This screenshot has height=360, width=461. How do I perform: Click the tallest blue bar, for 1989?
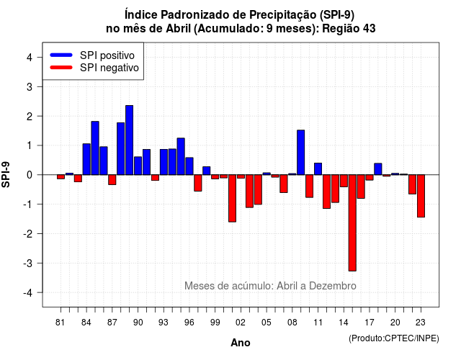click(129, 140)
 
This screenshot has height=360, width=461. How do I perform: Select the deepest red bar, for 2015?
click(352, 222)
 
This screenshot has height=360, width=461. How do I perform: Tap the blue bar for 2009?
click(301, 152)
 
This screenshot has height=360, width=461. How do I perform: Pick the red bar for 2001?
click(232, 198)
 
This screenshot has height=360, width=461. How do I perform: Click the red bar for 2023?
click(421, 196)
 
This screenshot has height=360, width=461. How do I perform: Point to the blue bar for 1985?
click(95, 148)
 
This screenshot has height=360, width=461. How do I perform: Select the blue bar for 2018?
click(378, 169)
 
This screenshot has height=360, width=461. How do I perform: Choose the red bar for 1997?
click(198, 183)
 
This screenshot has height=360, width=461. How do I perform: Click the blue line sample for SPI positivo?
click(61, 55)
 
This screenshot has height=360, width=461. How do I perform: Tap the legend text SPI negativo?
click(109, 68)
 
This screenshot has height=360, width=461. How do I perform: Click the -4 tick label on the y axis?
click(28, 293)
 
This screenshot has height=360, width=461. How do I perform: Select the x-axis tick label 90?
click(138, 323)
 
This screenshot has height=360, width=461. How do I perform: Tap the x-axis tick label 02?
click(241, 323)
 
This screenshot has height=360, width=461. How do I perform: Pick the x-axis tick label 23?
click(421, 323)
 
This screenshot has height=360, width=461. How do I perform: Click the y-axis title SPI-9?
click(6, 174)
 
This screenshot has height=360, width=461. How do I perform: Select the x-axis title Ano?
click(241, 343)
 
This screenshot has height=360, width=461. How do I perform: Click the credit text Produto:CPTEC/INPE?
click(394, 338)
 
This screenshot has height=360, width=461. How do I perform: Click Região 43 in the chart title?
click(349, 29)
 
